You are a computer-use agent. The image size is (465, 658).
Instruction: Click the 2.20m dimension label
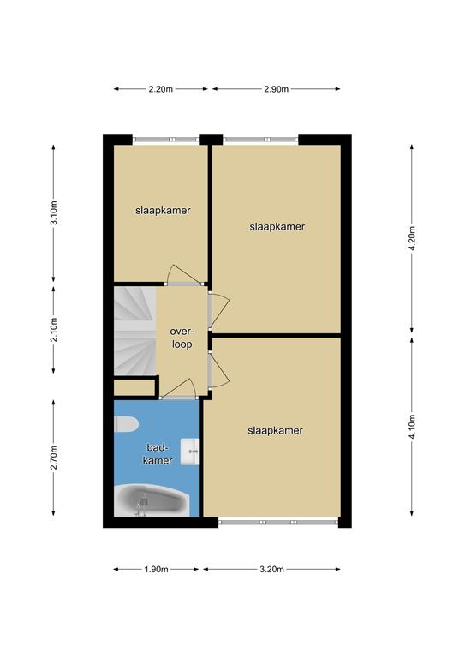click(x=161, y=89)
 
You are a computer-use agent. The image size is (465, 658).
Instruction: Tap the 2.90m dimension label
click(x=277, y=89)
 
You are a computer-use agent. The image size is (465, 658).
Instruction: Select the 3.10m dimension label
click(x=54, y=213)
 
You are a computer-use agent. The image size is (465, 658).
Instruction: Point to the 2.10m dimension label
click(x=54, y=330)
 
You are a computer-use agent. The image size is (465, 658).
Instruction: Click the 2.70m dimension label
click(x=54, y=458)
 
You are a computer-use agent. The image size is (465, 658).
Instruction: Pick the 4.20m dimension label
click(x=412, y=238)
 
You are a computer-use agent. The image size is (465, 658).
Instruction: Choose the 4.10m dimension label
click(x=412, y=427)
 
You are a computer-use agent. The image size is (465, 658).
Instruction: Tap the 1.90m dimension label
click(x=156, y=570)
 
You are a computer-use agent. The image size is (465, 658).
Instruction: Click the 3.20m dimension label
click(x=271, y=570)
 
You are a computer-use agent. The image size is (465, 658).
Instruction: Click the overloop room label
click(x=182, y=338)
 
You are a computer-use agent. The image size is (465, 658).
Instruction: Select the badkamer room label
click(x=158, y=454)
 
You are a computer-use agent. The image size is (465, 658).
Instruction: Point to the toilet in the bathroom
click(x=126, y=424)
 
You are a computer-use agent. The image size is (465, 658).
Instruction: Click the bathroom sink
click(x=189, y=452)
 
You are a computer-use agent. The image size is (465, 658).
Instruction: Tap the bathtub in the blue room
click(x=152, y=500)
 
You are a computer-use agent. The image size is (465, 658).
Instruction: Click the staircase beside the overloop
click(x=135, y=330)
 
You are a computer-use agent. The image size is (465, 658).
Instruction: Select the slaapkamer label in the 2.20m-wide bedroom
click(x=163, y=211)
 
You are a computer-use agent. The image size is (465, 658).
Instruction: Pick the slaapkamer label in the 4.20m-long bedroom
click(x=277, y=227)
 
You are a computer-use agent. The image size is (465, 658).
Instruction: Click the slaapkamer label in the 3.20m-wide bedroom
click(x=275, y=431)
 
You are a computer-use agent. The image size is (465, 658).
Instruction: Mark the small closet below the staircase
click(x=134, y=388)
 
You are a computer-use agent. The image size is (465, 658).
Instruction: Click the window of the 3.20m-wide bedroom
click(x=278, y=523)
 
